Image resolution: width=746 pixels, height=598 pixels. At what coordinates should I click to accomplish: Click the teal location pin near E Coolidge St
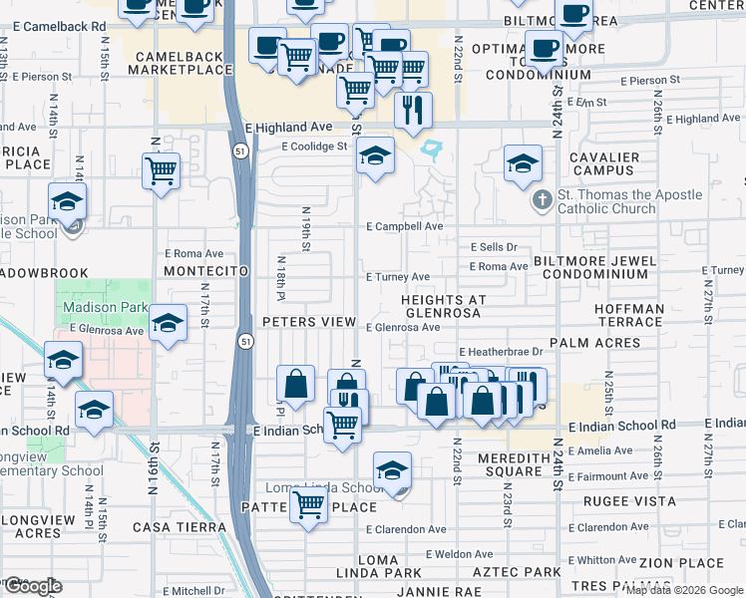point(432,151)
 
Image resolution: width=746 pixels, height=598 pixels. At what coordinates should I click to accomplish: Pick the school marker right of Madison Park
point(169,324)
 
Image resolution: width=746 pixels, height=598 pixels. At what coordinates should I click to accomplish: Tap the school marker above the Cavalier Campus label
point(523,165)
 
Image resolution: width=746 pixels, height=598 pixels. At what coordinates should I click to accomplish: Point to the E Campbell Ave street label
point(404,227)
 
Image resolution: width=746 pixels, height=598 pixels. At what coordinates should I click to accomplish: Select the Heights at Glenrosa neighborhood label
point(443,306)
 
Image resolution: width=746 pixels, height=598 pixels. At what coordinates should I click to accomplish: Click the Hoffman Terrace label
point(629,316)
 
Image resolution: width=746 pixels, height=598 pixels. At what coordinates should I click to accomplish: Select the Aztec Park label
point(516,572)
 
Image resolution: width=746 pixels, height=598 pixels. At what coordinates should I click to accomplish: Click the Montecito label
point(204,271)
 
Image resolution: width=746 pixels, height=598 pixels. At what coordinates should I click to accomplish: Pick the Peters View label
point(309,322)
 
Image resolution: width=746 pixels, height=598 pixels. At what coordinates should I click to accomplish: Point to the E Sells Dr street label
point(495,247)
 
